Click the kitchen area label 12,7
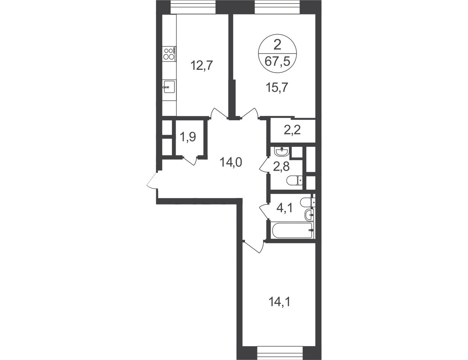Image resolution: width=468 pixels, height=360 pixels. (x=202, y=66)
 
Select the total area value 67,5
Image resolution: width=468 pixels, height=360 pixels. (x=278, y=62)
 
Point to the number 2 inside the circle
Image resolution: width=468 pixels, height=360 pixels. (x=278, y=45)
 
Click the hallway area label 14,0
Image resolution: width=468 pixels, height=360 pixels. (x=231, y=162)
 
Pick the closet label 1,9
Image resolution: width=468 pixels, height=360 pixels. (x=188, y=137)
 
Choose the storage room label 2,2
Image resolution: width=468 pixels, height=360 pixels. (x=292, y=130)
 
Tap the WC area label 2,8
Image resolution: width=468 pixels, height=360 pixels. (x=281, y=167)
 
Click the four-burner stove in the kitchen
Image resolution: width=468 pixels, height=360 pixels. (x=170, y=54)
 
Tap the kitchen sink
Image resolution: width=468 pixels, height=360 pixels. (x=169, y=86)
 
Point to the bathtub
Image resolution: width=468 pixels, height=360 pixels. (x=292, y=230)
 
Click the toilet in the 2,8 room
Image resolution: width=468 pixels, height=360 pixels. (x=294, y=180)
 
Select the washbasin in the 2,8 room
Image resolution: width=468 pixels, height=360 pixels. (x=282, y=152)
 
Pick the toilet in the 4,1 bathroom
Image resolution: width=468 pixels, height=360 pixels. (x=307, y=202)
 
